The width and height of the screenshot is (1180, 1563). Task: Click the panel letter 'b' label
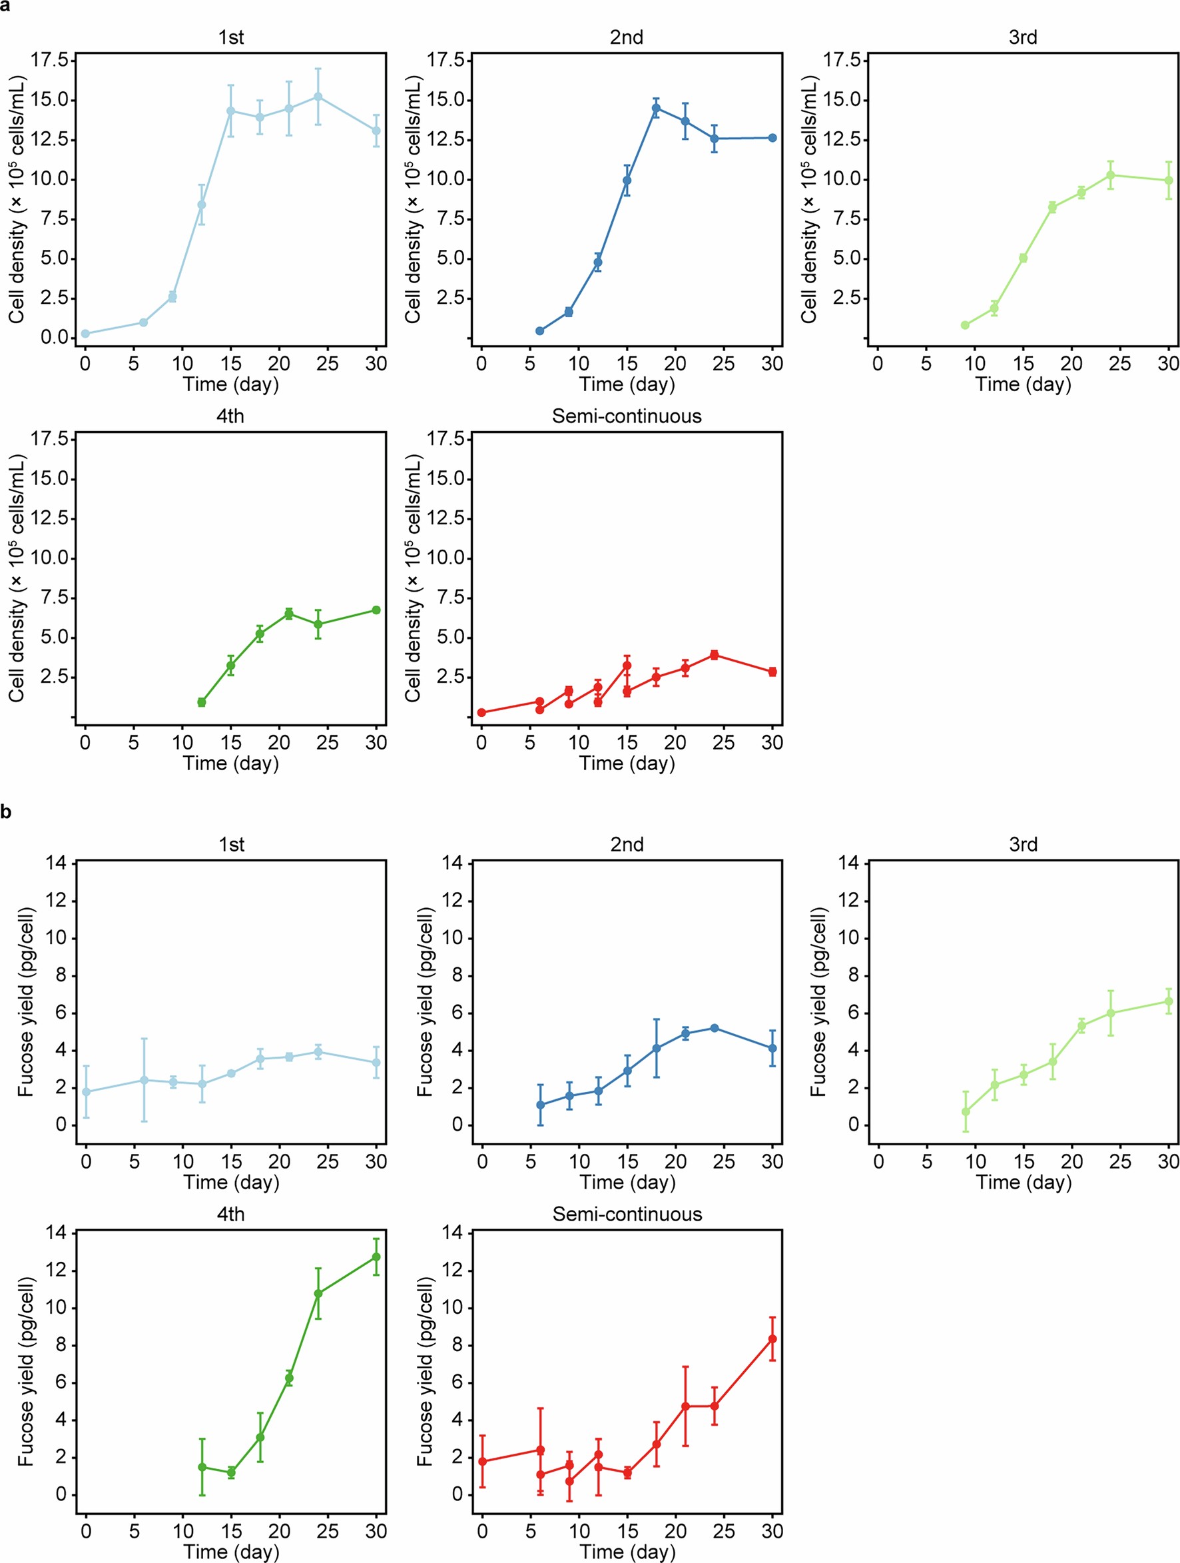coord(5,813)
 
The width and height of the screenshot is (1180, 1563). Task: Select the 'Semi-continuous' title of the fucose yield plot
coord(627,1214)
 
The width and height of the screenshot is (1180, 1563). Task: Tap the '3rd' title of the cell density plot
coord(1023,37)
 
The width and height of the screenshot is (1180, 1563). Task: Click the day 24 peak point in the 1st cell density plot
coord(318,97)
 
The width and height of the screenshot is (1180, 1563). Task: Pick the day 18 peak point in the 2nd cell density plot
coord(656,108)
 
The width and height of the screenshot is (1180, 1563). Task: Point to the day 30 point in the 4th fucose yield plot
coord(376,1257)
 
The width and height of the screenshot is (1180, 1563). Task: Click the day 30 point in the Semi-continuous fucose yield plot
coord(772,1339)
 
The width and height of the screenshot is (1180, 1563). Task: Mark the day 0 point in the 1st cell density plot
coord(85,334)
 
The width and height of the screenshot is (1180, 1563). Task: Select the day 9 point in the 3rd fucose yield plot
coord(966,1111)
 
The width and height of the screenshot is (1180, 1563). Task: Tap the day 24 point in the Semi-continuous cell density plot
coord(714,655)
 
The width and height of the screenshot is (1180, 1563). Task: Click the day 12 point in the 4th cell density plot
coord(201,702)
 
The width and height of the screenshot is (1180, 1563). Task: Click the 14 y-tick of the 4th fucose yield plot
coord(56,1233)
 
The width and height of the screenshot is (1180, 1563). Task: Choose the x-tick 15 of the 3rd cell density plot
coord(1023,364)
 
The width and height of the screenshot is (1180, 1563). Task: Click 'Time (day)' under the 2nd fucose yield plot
coord(627,1182)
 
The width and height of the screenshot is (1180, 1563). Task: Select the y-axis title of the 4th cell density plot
coord(16,578)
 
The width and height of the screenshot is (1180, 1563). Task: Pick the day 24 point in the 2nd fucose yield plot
coord(714,1028)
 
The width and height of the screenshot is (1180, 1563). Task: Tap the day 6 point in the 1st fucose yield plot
coord(144,1081)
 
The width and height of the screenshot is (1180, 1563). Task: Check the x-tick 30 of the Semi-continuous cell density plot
coord(772,743)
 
